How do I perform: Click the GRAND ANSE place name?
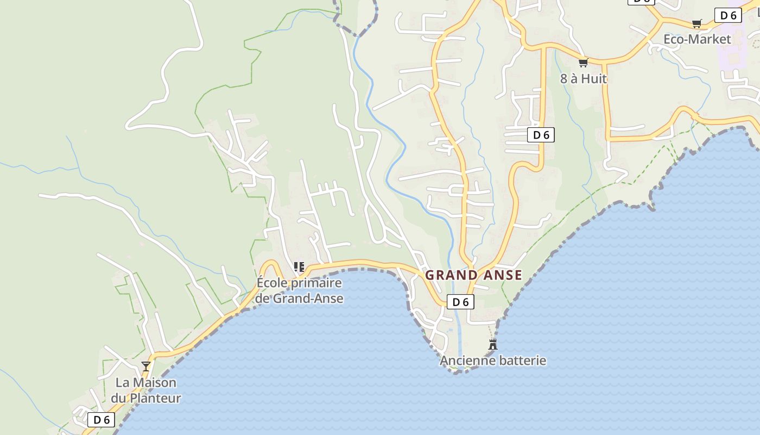[x=473, y=275]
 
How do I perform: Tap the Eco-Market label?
[x=698, y=39]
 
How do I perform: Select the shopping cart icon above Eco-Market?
[x=697, y=23]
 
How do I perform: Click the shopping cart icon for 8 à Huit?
[x=584, y=63]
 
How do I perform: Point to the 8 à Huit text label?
[x=584, y=79]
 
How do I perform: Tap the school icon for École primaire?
[x=299, y=266]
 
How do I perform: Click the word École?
[x=272, y=283]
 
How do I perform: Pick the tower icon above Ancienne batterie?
[x=493, y=344]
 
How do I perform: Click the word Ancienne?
[x=465, y=361]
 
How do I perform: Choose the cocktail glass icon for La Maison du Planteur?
[x=146, y=366]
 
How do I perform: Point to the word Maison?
[x=154, y=382]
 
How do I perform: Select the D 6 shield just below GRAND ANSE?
[x=460, y=302]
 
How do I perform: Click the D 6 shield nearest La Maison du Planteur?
[x=102, y=420]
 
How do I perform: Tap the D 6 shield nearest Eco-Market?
[x=728, y=15]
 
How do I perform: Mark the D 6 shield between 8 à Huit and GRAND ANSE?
[x=541, y=135]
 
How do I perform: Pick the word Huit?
[x=594, y=79]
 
